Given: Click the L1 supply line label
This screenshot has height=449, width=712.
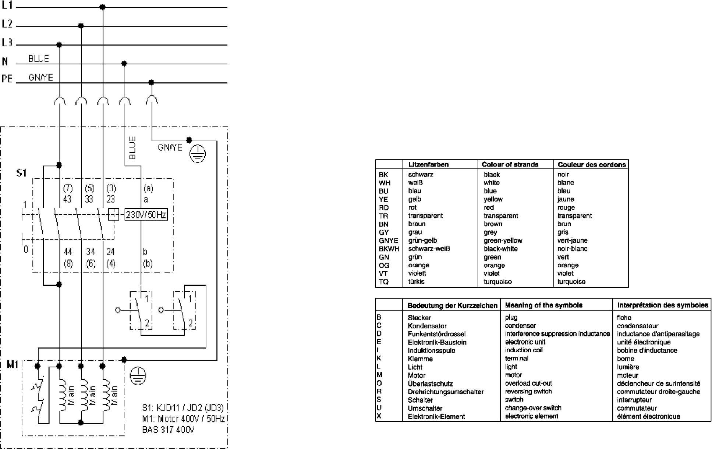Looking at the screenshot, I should click(7, 5).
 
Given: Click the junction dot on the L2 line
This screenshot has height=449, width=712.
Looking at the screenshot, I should click(81, 26).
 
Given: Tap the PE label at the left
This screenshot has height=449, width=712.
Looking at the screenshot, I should click(7, 79).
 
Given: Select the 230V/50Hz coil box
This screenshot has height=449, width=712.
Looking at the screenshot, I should click(146, 214).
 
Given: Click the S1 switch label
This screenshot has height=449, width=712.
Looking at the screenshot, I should click(21, 173).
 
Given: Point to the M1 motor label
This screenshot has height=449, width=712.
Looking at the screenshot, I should click(13, 364).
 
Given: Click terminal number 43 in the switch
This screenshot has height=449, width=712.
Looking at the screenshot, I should click(67, 199).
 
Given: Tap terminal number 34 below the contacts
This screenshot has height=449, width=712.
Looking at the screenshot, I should click(91, 252).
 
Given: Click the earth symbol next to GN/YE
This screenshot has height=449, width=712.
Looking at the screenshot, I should click(198, 154).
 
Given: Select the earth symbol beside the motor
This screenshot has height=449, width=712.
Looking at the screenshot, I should click(138, 376).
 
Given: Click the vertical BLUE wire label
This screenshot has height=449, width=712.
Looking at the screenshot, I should click(132, 148).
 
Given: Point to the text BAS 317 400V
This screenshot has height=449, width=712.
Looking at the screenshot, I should click(168, 430).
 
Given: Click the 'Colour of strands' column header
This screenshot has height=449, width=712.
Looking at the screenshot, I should click(510, 164).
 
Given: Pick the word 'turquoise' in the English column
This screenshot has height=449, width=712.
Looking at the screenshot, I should click(497, 282).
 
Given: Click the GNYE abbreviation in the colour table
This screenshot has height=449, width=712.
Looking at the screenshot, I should click(388, 240).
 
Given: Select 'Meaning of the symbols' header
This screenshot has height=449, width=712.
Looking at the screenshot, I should click(543, 305).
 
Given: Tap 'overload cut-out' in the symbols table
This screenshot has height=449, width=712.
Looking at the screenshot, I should click(528, 383).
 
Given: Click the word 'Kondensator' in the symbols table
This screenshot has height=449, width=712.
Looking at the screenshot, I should click(427, 326).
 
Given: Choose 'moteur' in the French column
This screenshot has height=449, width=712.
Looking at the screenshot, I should click(627, 375).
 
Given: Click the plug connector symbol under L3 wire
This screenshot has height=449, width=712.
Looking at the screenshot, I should click(60, 101).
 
